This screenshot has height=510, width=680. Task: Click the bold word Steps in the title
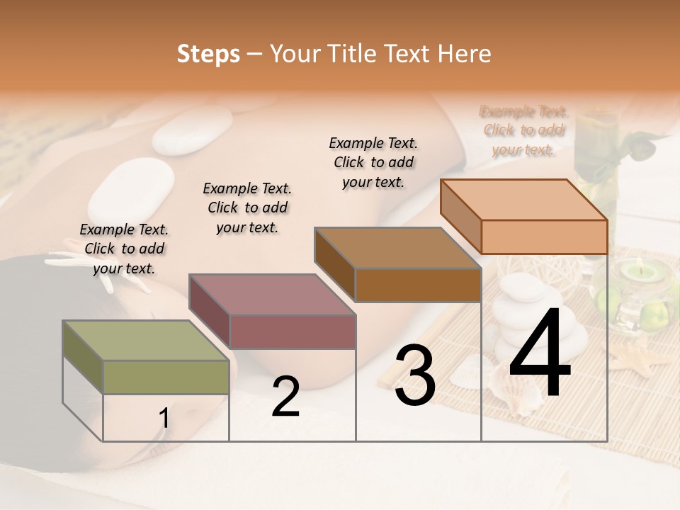click(208, 54)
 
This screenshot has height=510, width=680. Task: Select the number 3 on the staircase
click(414, 375)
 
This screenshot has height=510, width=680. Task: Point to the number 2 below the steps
click(285, 397)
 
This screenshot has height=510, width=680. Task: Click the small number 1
click(164, 419)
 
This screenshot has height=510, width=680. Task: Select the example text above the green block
click(124, 249)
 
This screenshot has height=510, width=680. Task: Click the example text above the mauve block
click(247, 208)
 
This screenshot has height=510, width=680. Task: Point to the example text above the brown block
click(373, 162)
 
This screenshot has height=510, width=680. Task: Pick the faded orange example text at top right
click(523, 130)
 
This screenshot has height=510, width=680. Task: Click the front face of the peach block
click(544, 236)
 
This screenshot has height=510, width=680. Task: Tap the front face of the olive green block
click(166, 377)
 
